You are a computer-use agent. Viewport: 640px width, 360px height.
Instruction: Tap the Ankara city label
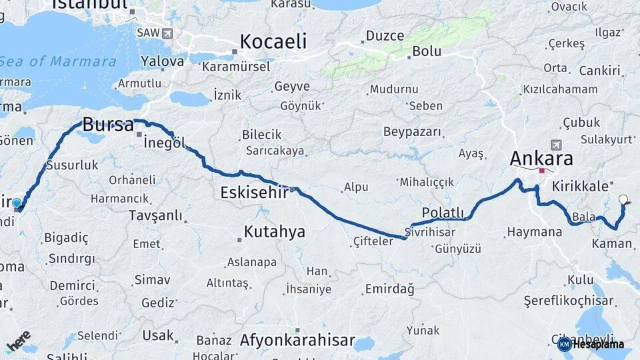pyautogui.click(x=541, y=159)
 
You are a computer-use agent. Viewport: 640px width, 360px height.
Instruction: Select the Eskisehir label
pyautogui.click(x=254, y=192)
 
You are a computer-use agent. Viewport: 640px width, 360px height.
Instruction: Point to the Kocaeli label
pyautogui.click(x=273, y=42)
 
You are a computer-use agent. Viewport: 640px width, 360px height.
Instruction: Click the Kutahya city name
pyautogui.click(x=274, y=232)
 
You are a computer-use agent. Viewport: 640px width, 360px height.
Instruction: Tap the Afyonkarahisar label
pyautogui.click(x=297, y=340)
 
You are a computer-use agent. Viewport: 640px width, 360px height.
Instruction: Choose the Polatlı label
pyautogui.click(x=443, y=212)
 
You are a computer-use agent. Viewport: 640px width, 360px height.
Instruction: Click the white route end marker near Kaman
pyautogui.click(x=623, y=199)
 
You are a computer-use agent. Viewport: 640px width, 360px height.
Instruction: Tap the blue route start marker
pyautogui.click(x=17, y=203)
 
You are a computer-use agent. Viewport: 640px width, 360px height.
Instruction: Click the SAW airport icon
pyautogui.click(x=166, y=33)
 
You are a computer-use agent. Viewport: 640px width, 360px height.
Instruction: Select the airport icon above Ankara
pyautogui.click(x=556, y=144)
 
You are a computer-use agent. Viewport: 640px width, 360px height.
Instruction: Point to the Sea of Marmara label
pyautogui.click(x=58, y=62)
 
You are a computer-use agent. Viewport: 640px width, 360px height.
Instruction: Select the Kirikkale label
pyautogui.click(x=579, y=187)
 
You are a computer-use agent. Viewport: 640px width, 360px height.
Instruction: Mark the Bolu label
pyautogui.click(x=427, y=51)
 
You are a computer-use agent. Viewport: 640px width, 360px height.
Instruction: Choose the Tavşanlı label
pyautogui.click(x=155, y=215)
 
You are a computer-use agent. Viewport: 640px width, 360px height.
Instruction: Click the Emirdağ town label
pyautogui.click(x=389, y=289)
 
